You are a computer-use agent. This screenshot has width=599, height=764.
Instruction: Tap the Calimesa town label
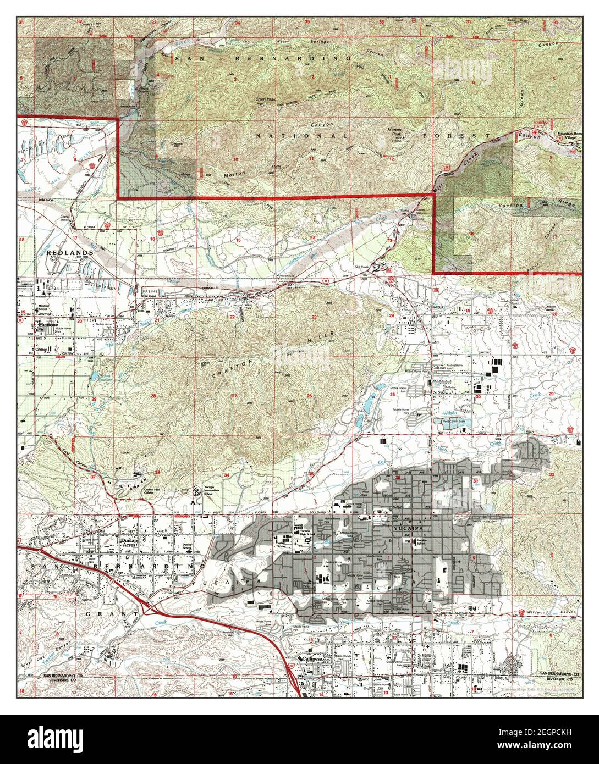[x=314, y=658]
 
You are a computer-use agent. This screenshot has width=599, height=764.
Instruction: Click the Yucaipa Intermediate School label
[x=201, y=490]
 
